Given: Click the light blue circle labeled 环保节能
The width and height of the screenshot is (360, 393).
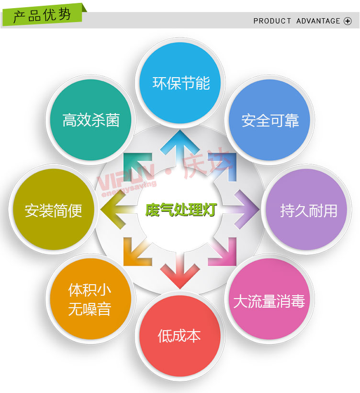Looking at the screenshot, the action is coord(180,83).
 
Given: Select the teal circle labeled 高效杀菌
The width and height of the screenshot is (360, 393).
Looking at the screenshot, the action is coord(90,120).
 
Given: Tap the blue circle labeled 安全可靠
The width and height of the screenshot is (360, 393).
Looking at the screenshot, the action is coord(270,120).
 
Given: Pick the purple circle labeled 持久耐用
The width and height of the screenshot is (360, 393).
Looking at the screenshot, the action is coord(306,209).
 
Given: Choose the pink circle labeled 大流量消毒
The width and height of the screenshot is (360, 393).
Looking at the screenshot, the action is coord(270,299).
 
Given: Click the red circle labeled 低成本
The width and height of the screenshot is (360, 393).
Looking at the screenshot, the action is coord(180,336).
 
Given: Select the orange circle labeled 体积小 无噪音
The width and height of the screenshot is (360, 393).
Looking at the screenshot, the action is coord(90,299).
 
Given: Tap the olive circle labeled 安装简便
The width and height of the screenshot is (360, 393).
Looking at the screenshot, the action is coord(54,209).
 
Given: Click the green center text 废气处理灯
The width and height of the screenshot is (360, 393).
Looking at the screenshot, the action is coord(181,209).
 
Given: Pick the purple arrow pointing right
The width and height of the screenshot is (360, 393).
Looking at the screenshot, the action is coord(243,209).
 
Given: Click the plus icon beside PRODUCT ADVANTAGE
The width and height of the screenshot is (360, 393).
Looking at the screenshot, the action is coord(348,21).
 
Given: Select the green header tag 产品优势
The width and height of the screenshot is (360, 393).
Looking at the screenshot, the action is coord(43,14).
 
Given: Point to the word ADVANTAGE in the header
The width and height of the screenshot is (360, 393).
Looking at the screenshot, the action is coord(318,21).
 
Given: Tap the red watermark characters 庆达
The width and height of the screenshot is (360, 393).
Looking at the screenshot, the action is coord(206,162).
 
